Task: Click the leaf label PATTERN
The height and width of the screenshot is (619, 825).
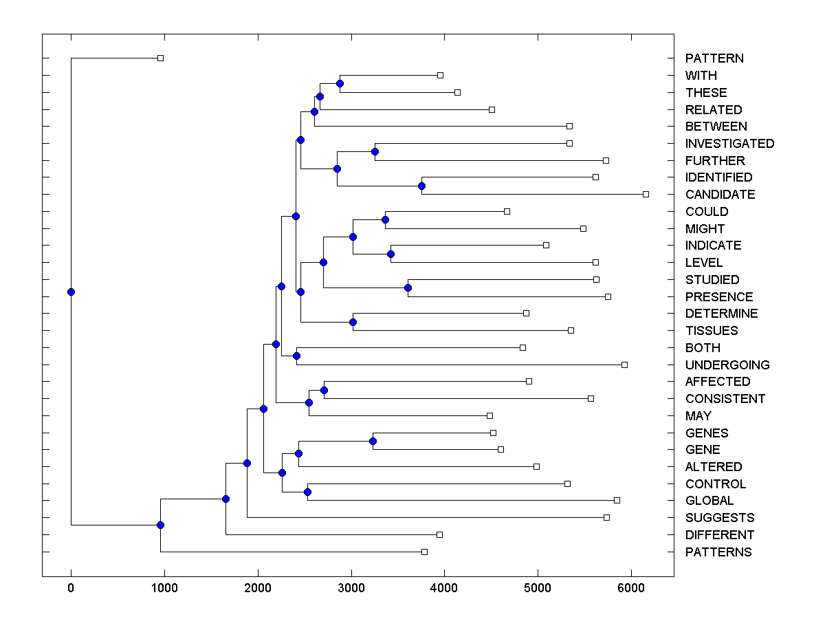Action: pos(714,58)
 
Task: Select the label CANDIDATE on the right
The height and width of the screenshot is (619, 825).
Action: pos(720,195)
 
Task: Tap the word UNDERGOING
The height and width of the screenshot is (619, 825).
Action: pos(727,365)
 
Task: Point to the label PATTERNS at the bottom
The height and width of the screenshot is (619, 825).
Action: pos(718,552)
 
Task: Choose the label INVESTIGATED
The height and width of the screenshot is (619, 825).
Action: pos(729,144)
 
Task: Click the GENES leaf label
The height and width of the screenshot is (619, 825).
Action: pos(707,433)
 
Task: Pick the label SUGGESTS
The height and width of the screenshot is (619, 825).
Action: pos(720,518)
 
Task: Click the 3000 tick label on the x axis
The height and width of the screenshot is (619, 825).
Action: pos(351,588)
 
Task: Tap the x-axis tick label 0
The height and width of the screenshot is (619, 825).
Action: pos(71,588)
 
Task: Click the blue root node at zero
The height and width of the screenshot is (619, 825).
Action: pos(71,292)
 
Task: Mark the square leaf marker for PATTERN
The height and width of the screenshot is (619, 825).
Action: pos(160,58)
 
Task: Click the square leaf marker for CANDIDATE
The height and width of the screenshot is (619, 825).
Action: pos(646,195)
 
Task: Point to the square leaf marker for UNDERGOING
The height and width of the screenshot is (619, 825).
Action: pos(624,365)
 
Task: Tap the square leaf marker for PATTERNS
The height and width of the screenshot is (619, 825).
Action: pos(424,552)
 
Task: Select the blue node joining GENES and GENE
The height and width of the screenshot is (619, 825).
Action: pos(373,441)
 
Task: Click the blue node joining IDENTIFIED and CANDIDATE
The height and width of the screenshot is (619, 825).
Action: pos(422,186)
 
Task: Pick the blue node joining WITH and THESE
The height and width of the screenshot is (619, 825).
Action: pos(340,83)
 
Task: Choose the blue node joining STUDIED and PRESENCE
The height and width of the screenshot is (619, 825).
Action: pos(408,288)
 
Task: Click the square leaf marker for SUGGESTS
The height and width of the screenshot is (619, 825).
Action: pos(606,517)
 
